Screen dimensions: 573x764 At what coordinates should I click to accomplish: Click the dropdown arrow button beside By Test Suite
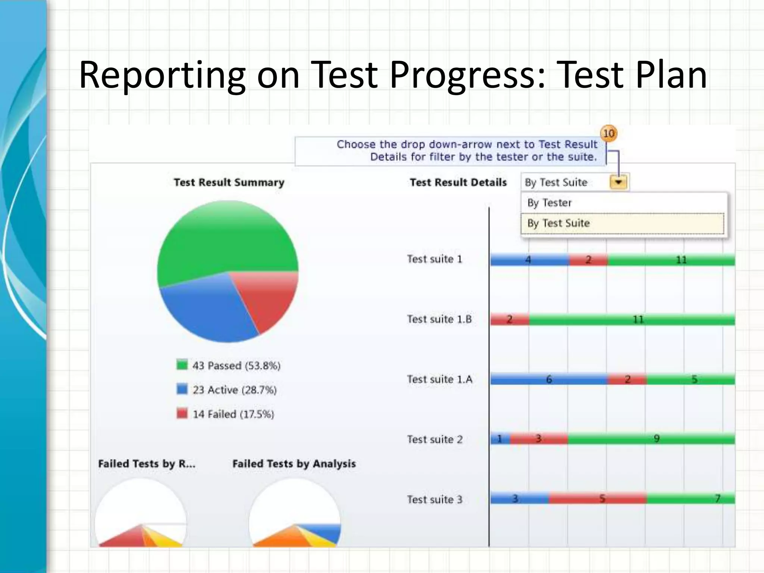618,182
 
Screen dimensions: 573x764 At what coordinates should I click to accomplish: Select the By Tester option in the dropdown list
549,203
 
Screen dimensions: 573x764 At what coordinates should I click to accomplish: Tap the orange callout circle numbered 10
608,134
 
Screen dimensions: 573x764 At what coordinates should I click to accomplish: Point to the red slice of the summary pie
269,295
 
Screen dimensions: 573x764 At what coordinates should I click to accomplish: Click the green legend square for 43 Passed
182,365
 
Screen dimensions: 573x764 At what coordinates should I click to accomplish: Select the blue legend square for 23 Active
182,389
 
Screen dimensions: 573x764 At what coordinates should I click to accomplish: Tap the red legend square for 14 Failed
182,413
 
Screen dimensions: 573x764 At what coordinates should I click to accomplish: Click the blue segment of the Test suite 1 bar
530,260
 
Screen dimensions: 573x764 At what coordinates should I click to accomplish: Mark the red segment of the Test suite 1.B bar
510,320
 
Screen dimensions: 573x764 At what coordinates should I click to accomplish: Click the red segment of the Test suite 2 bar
539,439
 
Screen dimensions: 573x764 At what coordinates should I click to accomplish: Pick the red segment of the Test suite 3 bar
598,499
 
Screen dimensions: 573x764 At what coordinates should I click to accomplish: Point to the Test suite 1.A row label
439,379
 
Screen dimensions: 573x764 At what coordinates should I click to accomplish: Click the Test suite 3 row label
434,500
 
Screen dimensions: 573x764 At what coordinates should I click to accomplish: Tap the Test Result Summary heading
229,182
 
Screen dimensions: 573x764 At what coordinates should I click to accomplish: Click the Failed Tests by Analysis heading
294,464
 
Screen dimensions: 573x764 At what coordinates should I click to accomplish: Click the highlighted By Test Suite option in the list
622,223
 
